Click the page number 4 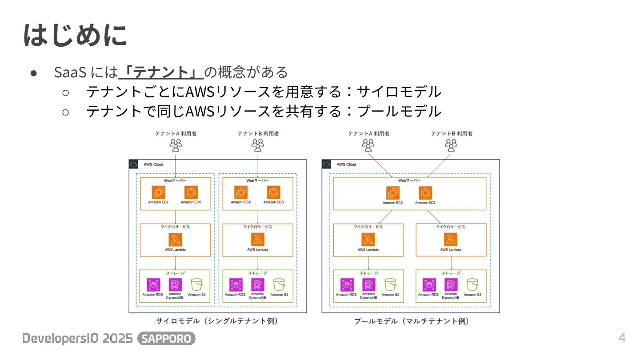tap(622, 338)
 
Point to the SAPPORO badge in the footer tap(167, 339)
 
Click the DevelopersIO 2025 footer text tap(77, 339)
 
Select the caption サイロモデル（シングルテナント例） tap(217, 321)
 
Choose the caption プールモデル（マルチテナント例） tap(412, 321)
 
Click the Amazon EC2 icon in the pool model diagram tap(393, 193)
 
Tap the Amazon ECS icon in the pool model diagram tap(425, 193)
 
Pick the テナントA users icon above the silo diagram tap(176, 145)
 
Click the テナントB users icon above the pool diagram tap(451, 145)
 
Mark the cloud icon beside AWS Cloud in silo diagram tap(133, 164)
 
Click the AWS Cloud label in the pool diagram tap(346, 164)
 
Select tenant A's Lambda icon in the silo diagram tap(175, 240)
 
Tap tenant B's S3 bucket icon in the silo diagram tap(279, 284)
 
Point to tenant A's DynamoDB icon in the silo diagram tap(175, 284)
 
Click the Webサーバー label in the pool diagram tap(409, 180)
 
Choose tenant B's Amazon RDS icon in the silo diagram tap(236, 284)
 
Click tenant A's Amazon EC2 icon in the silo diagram tap(158, 192)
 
